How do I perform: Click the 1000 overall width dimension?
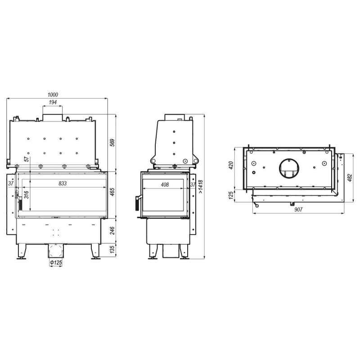click(53, 94)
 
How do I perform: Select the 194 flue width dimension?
click(53, 102)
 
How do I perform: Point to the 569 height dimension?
click(112, 143)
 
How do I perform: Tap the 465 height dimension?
click(112, 192)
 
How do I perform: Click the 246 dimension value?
click(112, 230)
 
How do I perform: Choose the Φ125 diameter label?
click(56, 262)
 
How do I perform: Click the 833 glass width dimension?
click(63, 184)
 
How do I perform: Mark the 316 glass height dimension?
click(27, 195)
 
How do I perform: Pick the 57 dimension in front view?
click(27, 159)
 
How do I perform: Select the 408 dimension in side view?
click(165, 184)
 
